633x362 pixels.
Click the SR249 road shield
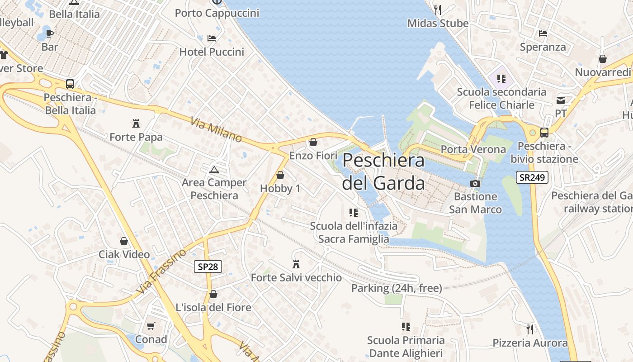pyautogui.click(x=532, y=177)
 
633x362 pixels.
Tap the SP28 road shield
pyautogui.click(x=208, y=267)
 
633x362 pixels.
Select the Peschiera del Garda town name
pyautogui.click(x=383, y=172)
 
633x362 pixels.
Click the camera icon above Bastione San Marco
pyautogui.click(x=475, y=183)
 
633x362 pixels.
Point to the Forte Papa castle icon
pyautogui.click(x=136, y=123)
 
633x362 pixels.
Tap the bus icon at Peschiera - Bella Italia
pyautogui.click(x=70, y=84)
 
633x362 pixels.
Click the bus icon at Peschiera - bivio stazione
pyautogui.click(x=544, y=133)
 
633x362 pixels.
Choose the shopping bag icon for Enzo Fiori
pyautogui.click(x=313, y=143)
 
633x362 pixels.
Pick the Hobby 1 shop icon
pyautogui.click(x=280, y=175)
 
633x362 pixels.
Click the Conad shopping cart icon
pyautogui.click(x=151, y=326)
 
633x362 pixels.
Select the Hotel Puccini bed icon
pyautogui.click(x=212, y=38)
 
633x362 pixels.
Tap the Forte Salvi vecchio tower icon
pyautogui.click(x=297, y=264)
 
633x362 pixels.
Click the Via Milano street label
pyautogui.click(x=216, y=130)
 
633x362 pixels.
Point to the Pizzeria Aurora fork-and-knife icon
pyautogui.click(x=530, y=329)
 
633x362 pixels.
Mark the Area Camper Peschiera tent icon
pyautogui.click(x=214, y=170)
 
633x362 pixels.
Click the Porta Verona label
pyautogui.click(x=473, y=149)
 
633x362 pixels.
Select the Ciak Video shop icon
pyautogui.click(x=124, y=241)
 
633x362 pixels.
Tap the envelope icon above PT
pyautogui.click(x=561, y=100)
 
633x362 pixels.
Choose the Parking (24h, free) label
pyautogui.click(x=397, y=288)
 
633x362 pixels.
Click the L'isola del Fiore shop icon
pyautogui.click(x=213, y=295)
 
